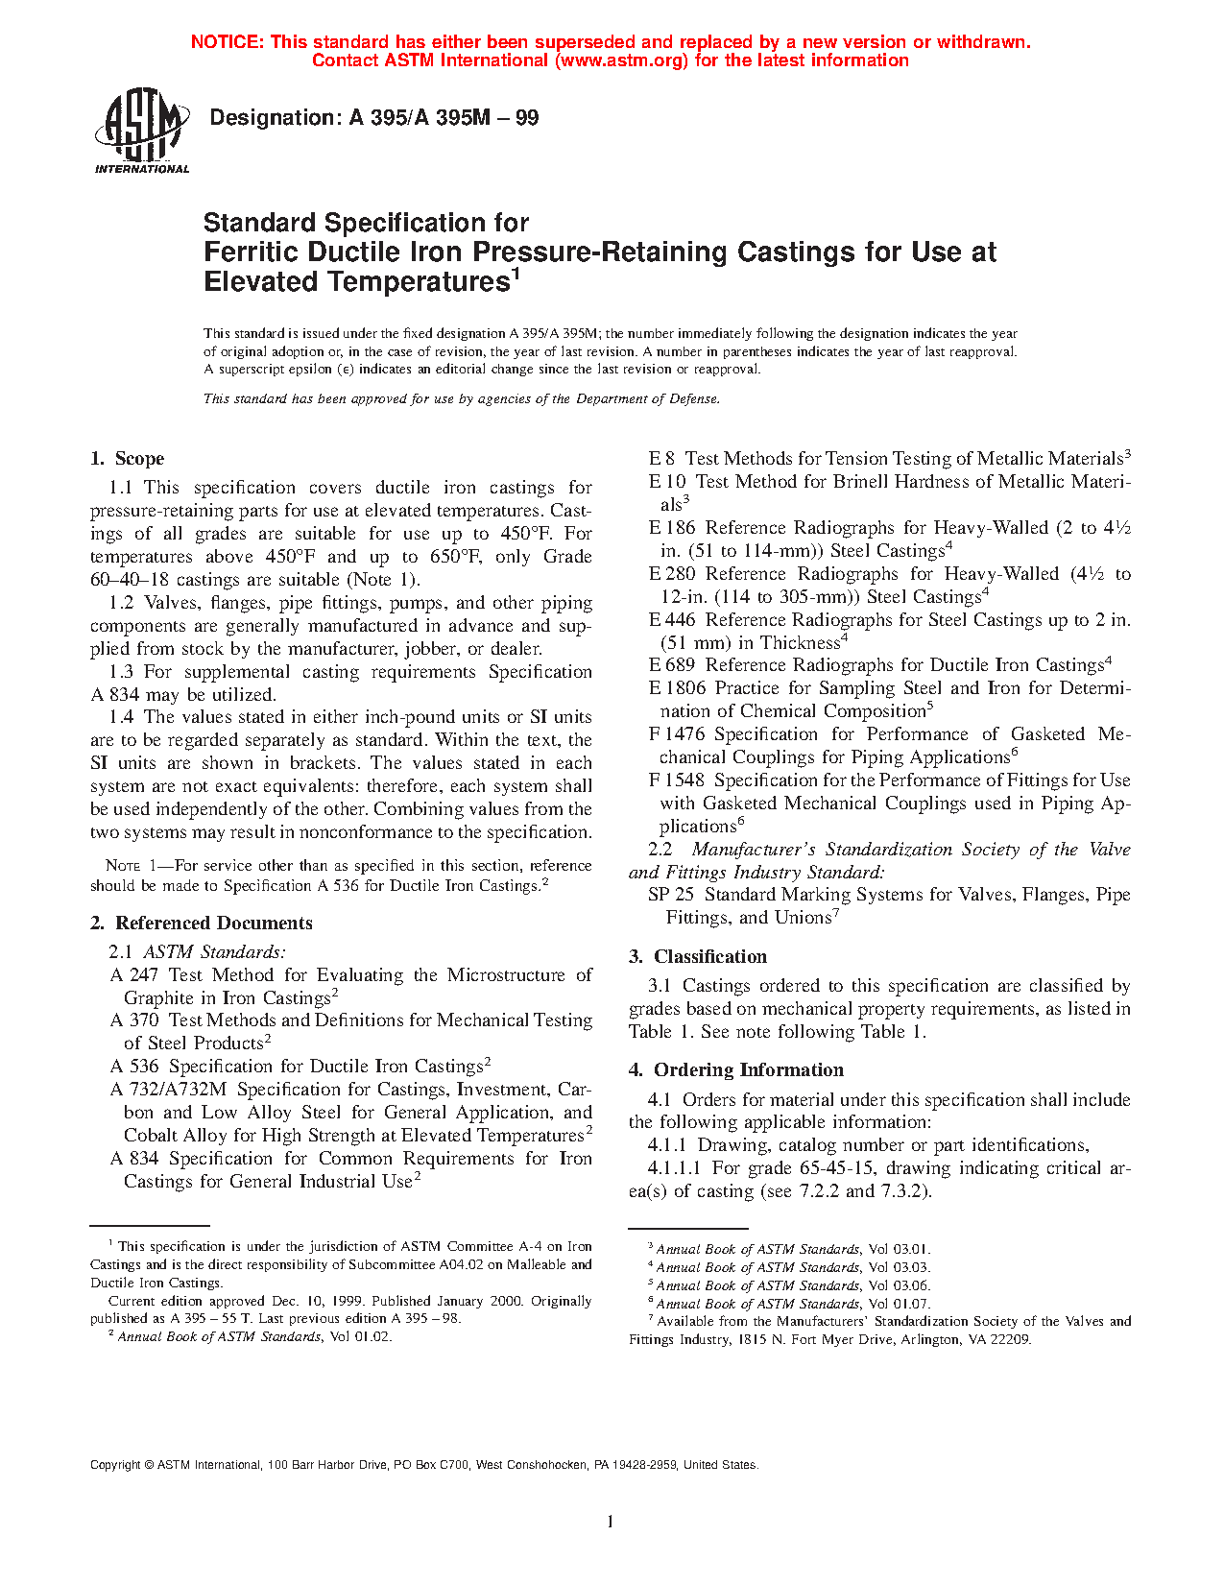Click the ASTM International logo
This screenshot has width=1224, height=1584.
[141, 132]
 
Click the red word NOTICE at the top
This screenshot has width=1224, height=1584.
[227, 42]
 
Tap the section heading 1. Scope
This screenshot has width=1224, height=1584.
[128, 459]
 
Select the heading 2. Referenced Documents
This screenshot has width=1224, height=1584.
[202, 924]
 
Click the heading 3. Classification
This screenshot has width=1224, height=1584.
[698, 957]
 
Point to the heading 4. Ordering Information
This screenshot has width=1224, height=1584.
[736, 1070]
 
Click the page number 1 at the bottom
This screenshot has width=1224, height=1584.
[611, 1521]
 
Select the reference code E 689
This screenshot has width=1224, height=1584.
[672, 665]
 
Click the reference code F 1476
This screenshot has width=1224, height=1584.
[677, 734]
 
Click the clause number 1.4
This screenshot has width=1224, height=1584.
[121, 717]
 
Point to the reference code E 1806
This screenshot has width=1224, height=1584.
[677, 688]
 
